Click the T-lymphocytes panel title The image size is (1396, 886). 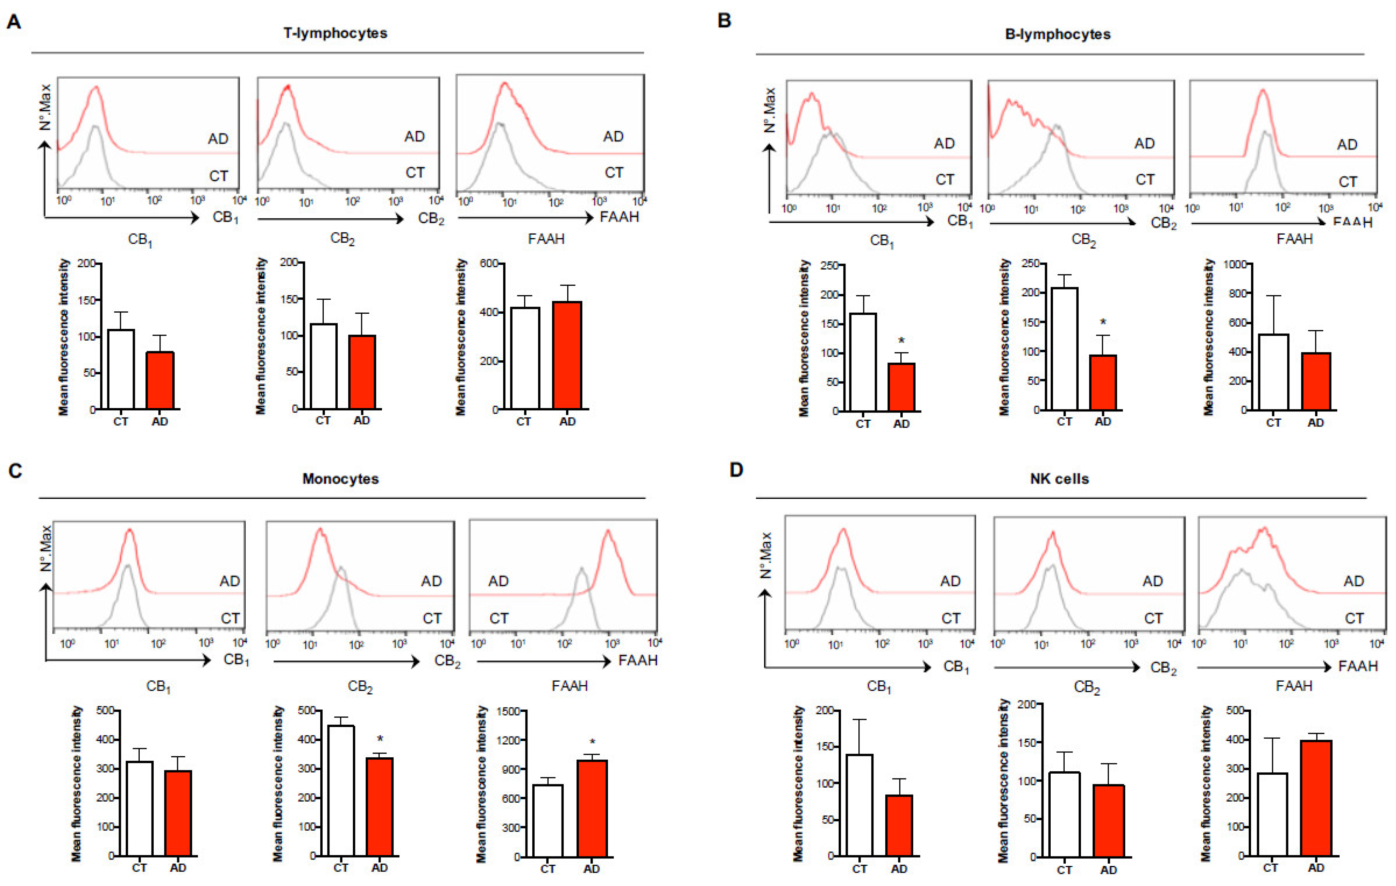click(x=335, y=33)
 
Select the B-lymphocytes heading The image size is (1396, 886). click(x=1058, y=34)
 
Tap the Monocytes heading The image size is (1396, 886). click(x=340, y=479)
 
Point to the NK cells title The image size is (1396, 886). click(x=1059, y=479)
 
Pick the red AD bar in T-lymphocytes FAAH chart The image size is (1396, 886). click(x=567, y=355)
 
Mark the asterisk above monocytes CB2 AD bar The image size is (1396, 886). click(x=380, y=739)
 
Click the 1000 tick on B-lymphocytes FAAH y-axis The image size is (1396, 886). click(x=1234, y=264)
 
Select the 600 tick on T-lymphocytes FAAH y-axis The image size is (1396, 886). click(x=489, y=264)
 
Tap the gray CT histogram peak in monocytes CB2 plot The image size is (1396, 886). click(x=342, y=567)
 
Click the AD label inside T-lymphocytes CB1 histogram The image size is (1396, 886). click(x=218, y=139)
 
